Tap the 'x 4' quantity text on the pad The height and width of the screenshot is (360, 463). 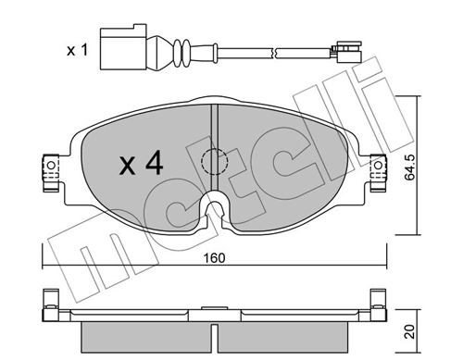141,165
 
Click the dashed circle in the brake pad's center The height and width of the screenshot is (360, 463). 213,160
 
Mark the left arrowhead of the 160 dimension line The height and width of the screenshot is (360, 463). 46,265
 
